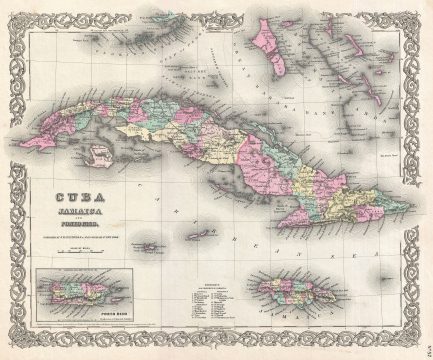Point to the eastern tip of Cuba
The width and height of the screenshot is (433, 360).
click(x=410, y=207)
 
